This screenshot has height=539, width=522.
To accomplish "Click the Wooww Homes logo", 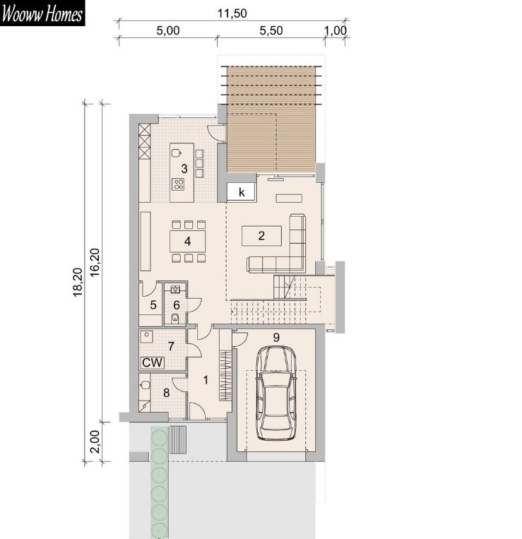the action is tap(42, 13).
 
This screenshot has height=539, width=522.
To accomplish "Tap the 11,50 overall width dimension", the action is tap(232, 13).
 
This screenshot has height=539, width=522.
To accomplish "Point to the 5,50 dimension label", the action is tap(271, 30).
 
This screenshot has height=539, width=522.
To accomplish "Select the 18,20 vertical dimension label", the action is tap(78, 282).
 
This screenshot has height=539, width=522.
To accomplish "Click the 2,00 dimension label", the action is tap(94, 442).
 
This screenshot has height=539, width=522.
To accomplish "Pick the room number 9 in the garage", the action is tap(276, 338).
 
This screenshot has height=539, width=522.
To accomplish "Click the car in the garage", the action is tap(276, 393).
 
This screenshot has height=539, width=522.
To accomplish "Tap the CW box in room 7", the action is tap(153, 362).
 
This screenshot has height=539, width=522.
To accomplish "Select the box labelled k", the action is tap(241, 191).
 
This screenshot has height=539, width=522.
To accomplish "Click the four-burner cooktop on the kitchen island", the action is tap(178, 184).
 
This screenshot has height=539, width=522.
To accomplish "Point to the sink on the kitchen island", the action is tap(177, 153).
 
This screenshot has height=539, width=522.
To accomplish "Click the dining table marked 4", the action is tap(188, 241).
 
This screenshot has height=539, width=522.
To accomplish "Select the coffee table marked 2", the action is tap(261, 236).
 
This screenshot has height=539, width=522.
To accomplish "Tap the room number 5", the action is tap(153, 304).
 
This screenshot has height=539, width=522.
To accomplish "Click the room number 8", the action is tap(166, 393).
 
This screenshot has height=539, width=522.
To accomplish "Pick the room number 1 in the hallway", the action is tap(206, 380).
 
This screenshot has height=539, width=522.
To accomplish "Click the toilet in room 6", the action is tap(175, 319).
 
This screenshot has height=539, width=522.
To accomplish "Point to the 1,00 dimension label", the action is tap(336, 30).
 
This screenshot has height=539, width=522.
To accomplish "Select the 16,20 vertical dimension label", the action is tap(95, 262).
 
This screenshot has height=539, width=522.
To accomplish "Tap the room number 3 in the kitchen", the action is tap(184, 169).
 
